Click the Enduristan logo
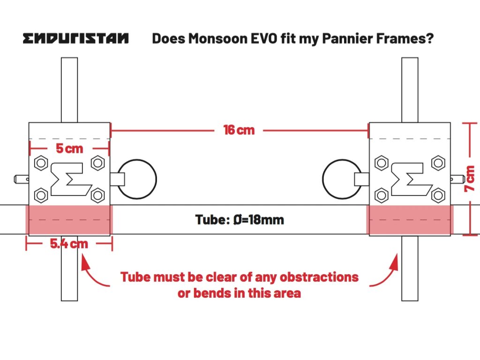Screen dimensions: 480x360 75,38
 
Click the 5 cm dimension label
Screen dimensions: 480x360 69,149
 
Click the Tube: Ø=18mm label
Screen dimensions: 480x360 240,219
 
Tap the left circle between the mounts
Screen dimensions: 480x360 137,179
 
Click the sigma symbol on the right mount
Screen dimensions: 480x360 410,179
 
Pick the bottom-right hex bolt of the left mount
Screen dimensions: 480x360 97,194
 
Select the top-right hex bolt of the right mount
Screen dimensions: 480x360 438,163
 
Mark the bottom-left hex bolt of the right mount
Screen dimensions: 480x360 382,194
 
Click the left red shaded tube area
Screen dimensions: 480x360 69,219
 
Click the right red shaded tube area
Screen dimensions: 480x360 410,219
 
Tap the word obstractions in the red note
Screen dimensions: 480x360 319,277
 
